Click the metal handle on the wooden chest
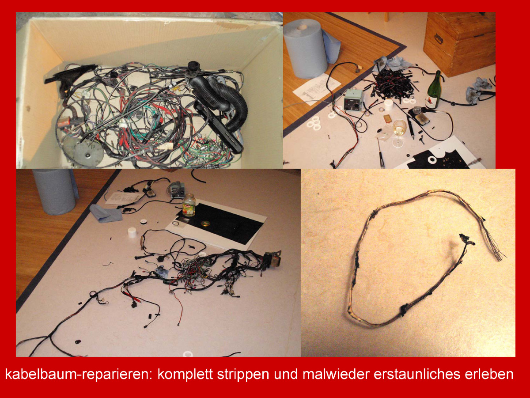tap(438, 38)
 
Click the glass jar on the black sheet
tap(189, 205)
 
